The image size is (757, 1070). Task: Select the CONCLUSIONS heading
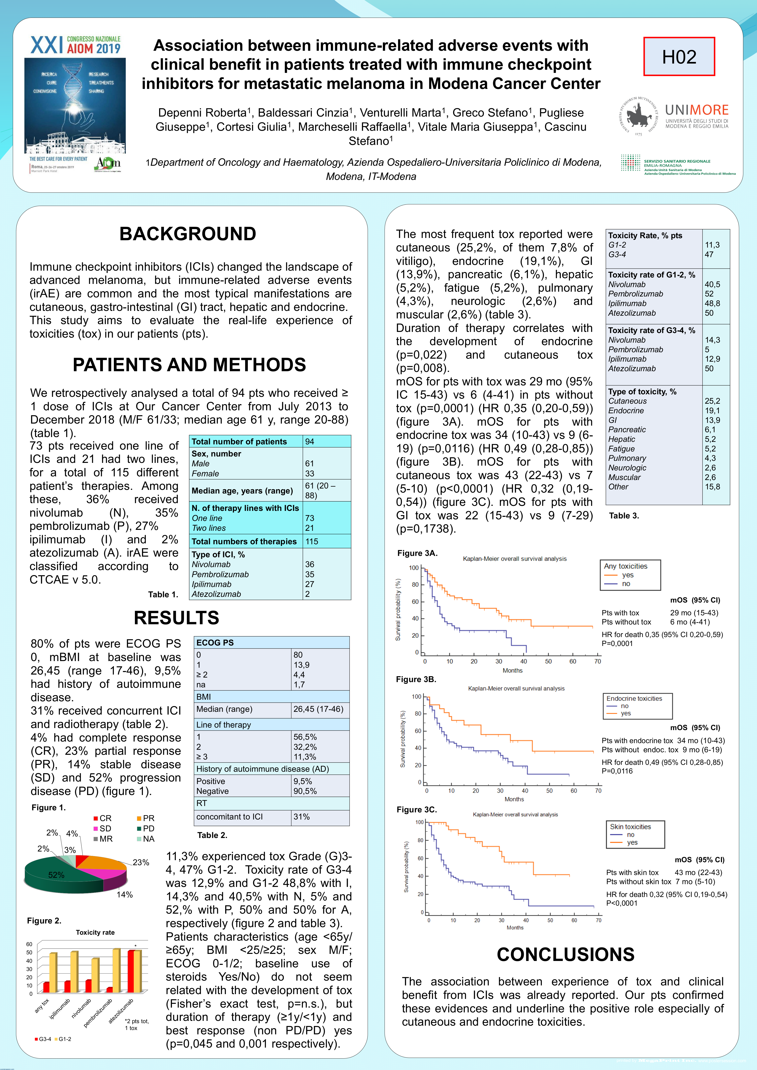click(x=565, y=954)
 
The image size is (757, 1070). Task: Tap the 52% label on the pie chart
click(x=56, y=875)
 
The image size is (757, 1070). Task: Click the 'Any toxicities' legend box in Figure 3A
click(x=630, y=575)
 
